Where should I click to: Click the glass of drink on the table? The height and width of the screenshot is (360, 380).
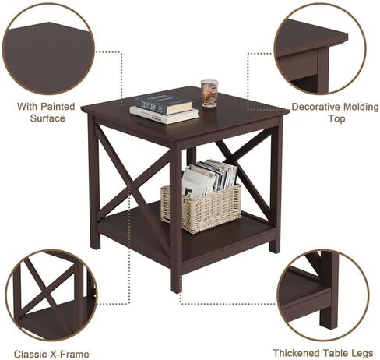(209, 94)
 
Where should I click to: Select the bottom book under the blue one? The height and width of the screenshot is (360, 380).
(164, 115)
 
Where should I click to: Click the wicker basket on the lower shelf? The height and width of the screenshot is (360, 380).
(201, 209)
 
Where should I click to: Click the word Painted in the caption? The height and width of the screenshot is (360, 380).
(58, 107)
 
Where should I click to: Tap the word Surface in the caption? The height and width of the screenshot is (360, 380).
(47, 118)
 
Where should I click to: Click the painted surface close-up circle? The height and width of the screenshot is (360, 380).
(48, 49)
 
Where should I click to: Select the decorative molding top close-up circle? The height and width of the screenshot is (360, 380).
(320, 48)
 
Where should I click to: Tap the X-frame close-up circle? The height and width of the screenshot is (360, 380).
(51, 295)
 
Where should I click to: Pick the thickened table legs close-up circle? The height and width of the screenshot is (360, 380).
(322, 295)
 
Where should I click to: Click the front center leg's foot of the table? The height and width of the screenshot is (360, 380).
(176, 288)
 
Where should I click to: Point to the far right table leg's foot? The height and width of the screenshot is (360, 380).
(274, 249)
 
